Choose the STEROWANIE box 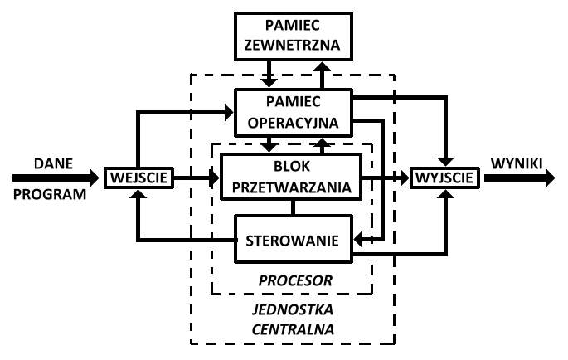tap(292, 241)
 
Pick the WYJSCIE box tap(446, 177)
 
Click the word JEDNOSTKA tap(291, 310)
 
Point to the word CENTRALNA tap(291, 329)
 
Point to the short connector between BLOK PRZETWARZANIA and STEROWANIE tap(291, 207)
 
